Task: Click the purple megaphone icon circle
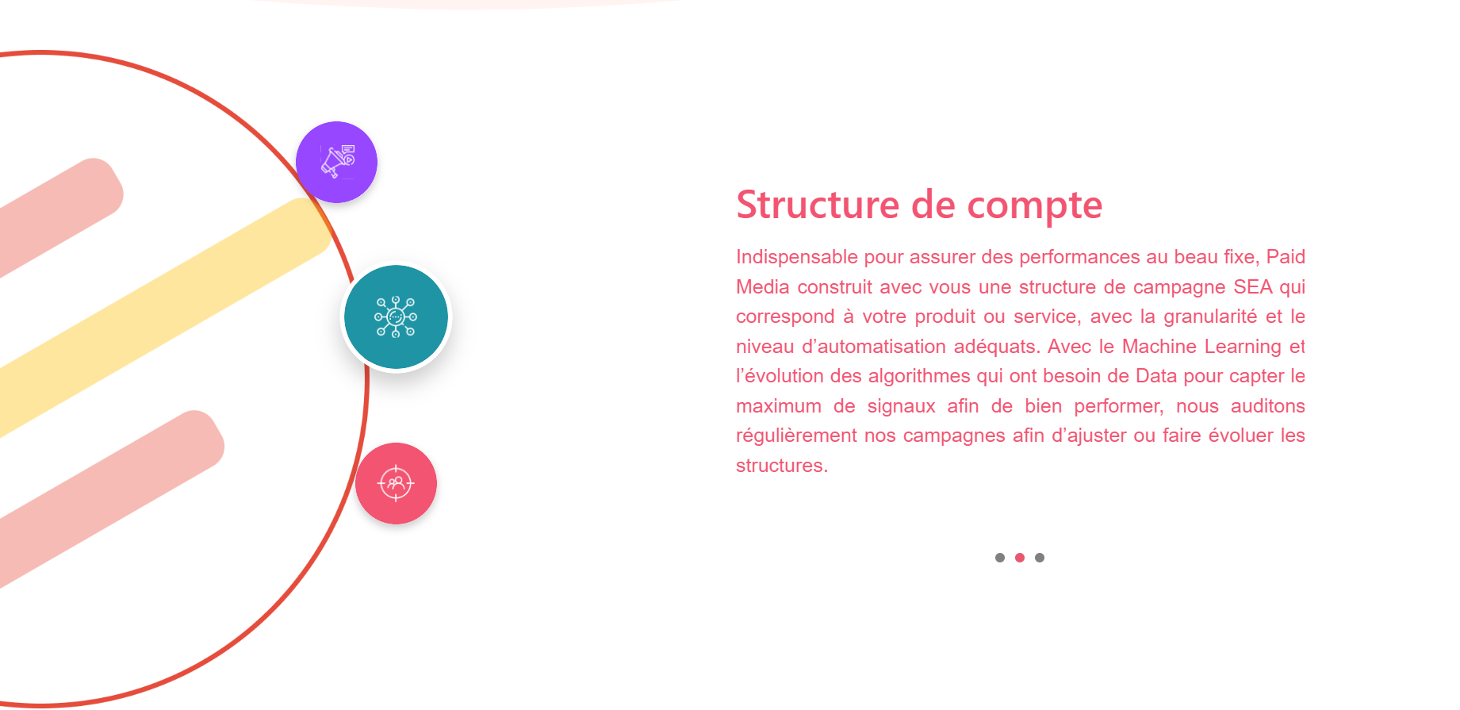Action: (x=336, y=162)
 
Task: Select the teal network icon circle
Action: (x=396, y=317)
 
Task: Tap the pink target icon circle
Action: (x=396, y=483)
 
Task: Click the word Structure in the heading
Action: (x=818, y=205)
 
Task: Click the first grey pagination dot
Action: (x=1000, y=558)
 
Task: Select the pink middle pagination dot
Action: (x=1020, y=558)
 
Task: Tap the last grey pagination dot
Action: (x=1040, y=558)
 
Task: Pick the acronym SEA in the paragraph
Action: (x=1253, y=287)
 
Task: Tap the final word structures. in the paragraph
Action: (x=782, y=466)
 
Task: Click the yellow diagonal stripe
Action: (x=159, y=317)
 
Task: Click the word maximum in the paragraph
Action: (x=779, y=406)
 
